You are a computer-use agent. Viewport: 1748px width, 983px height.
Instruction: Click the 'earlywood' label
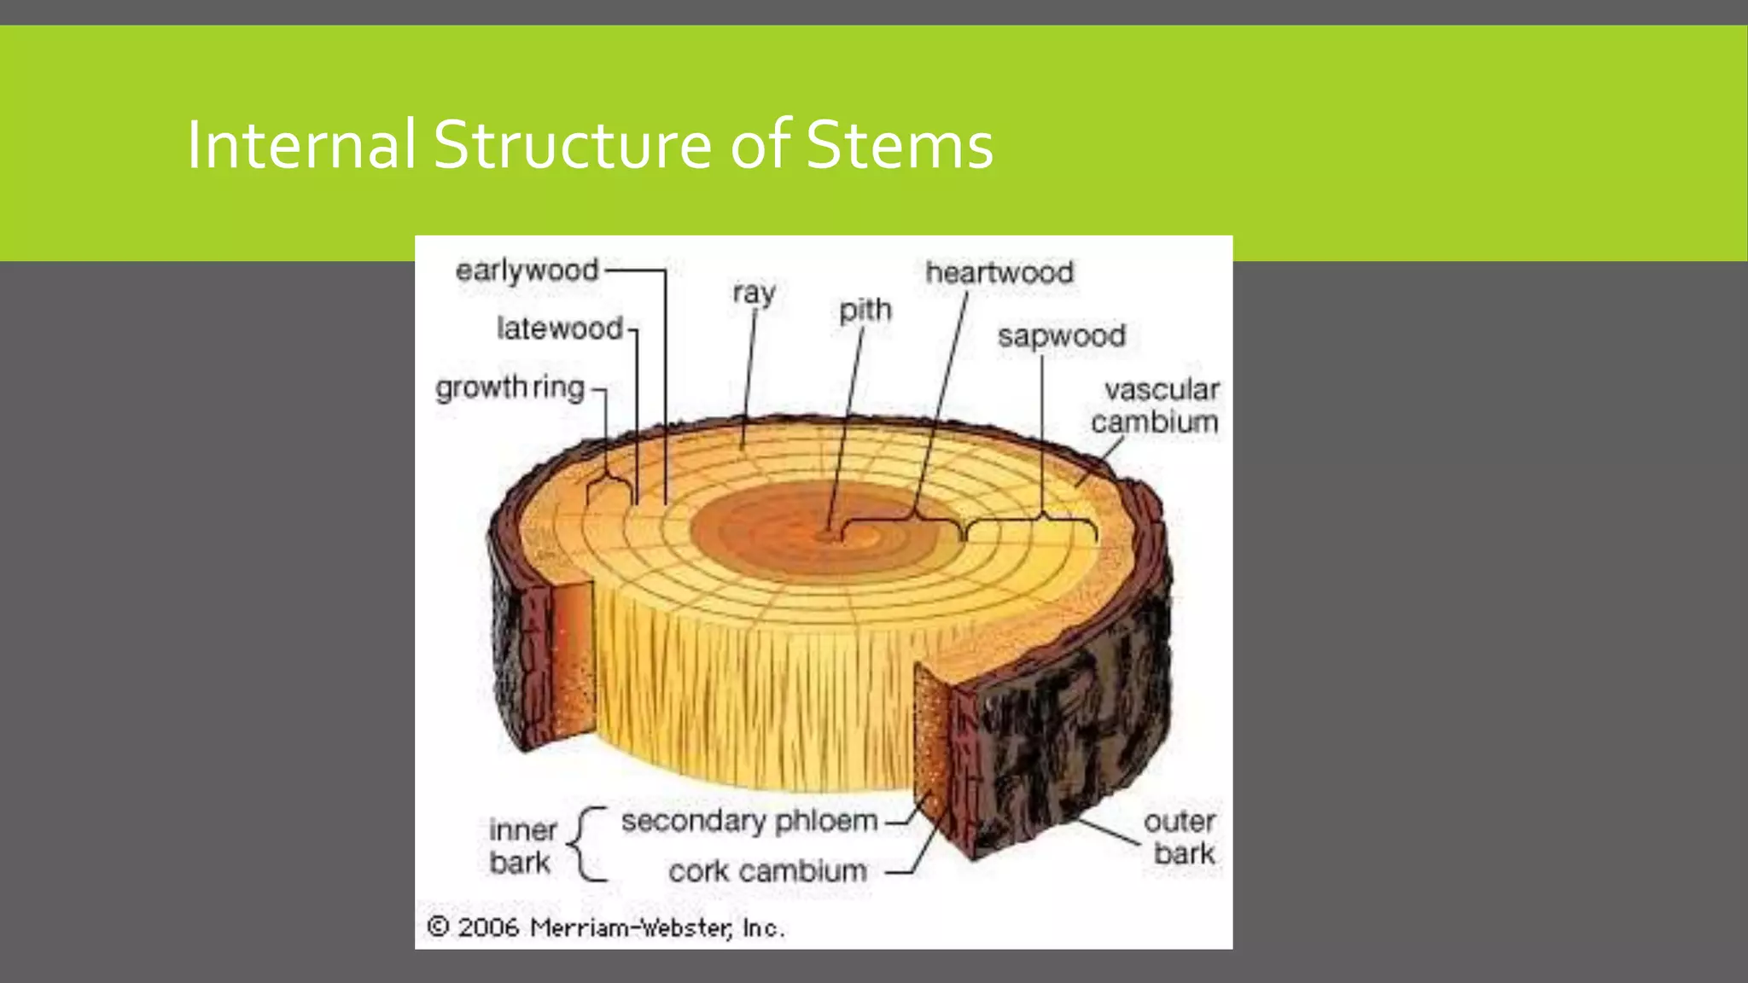coord(527,270)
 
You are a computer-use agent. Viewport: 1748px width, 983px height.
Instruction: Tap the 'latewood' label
coord(559,329)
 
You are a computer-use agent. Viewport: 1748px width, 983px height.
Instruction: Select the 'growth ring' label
coord(510,387)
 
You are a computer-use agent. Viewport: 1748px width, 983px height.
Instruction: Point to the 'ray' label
coord(754,293)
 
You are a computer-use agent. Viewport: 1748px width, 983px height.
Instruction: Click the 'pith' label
coord(865,310)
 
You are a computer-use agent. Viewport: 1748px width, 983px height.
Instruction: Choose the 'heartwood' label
coord(999,273)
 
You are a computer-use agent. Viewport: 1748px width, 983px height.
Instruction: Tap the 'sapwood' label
coord(1062,336)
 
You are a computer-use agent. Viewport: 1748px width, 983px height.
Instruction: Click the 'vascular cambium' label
coord(1157,405)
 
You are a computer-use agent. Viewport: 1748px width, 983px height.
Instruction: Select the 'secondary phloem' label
coord(749,821)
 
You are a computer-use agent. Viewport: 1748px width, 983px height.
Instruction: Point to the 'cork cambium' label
coord(767,871)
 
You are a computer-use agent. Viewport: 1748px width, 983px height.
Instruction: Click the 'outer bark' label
coord(1181,837)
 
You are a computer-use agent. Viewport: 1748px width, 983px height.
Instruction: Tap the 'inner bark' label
coord(521,846)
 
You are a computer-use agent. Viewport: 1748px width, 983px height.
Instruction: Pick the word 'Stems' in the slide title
coord(900,144)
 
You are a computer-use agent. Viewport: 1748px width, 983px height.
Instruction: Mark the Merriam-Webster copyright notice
coord(605,928)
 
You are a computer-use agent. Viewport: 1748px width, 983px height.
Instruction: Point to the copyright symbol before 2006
coord(438,927)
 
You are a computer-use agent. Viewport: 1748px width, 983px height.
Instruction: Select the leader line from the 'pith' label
coord(845,427)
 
